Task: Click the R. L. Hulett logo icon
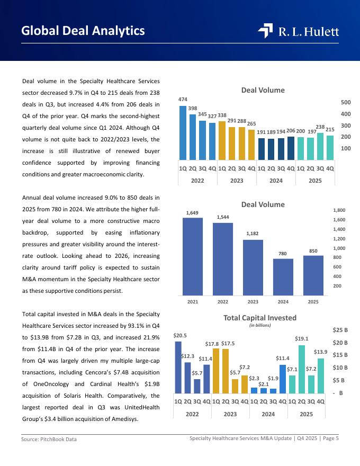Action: tap(265, 31)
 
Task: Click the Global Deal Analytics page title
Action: tap(83, 31)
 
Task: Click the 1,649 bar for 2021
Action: tap(193, 256)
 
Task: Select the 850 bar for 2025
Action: tap(313, 275)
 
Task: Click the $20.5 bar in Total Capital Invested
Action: tap(178, 368)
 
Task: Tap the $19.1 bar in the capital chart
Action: tap(302, 369)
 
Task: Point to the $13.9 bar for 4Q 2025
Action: tap(320, 375)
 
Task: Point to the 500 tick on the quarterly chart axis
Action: tap(346, 102)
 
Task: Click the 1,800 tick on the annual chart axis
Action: tap(339, 210)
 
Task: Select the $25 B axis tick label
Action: tap(340, 330)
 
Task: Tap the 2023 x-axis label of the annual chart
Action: tap(253, 302)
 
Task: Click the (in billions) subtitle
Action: tap(259, 325)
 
